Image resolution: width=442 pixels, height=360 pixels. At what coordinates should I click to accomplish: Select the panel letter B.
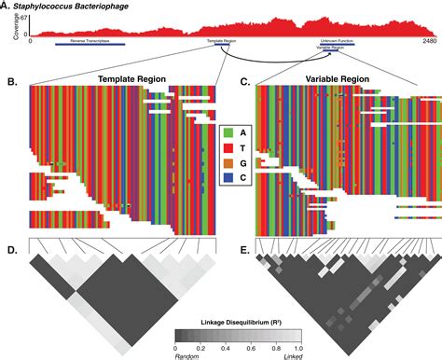[x=11, y=82]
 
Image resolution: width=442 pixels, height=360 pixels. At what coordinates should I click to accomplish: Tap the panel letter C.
[x=246, y=82]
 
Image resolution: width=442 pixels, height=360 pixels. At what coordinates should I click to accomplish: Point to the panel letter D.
[x=11, y=251]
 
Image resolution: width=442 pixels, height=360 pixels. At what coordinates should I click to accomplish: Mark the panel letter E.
[x=246, y=251]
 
